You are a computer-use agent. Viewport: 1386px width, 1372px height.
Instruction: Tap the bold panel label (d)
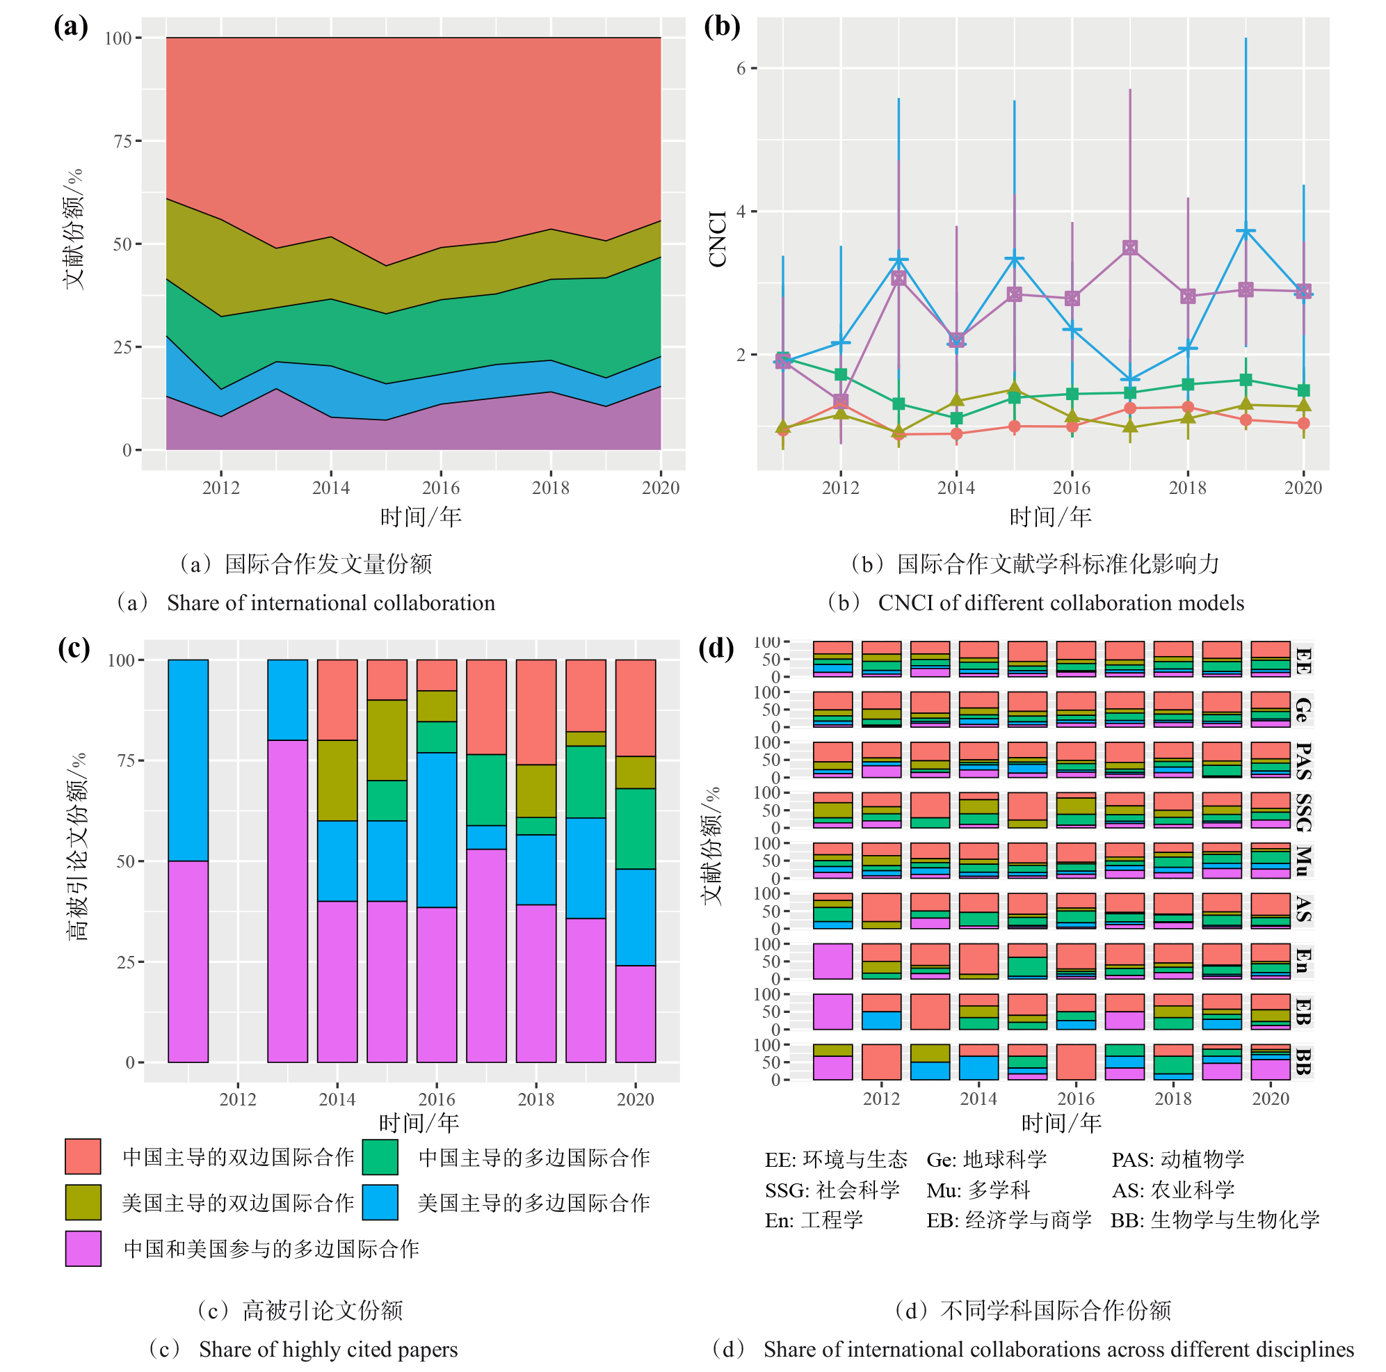click(717, 648)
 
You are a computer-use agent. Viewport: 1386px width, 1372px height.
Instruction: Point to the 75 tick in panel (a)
click(122, 141)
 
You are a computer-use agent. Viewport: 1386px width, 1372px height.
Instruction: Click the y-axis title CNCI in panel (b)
click(718, 239)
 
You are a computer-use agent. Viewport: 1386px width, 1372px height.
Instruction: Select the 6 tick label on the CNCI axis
click(741, 68)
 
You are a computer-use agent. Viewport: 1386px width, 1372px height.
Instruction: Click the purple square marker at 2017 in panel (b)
click(1130, 248)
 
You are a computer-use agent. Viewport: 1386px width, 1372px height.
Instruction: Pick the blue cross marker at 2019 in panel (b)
click(1246, 231)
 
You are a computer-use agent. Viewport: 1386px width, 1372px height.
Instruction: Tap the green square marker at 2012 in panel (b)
click(841, 374)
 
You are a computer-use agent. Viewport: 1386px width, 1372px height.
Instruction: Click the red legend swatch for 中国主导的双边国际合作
click(83, 1156)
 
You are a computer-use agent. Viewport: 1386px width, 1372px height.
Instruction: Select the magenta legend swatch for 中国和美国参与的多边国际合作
click(83, 1249)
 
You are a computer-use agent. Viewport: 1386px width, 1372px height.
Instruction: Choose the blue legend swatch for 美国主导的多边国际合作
click(380, 1202)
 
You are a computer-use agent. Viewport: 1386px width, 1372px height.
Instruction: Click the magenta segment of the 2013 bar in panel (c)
click(288, 900)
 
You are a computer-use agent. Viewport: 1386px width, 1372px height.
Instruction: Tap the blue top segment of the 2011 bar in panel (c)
click(188, 760)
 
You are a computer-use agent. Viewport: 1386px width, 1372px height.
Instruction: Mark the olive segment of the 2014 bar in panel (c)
click(337, 780)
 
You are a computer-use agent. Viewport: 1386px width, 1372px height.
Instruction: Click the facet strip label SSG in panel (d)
click(1303, 811)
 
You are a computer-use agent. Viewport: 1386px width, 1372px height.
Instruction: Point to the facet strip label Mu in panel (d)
click(1303, 861)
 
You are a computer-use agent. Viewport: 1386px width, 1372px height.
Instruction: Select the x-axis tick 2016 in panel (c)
click(437, 1099)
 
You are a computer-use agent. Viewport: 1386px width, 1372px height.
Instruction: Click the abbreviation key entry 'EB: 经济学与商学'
click(1008, 1220)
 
